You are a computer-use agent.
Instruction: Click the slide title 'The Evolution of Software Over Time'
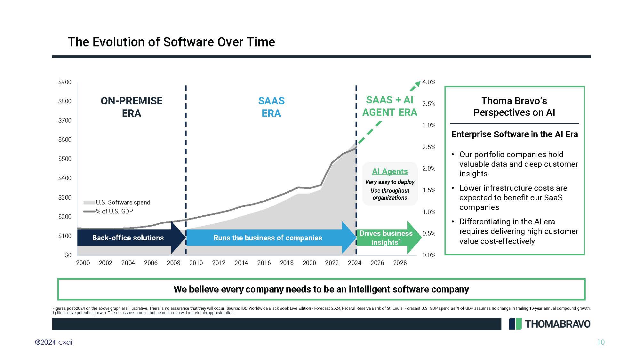click(172, 42)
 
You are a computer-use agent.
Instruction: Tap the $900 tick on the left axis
click(65, 82)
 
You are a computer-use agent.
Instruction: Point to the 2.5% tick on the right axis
click(429, 147)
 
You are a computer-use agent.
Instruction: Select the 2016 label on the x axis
click(264, 263)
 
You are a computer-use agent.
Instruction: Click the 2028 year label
click(400, 263)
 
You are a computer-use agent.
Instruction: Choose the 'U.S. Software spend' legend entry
click(117, 202)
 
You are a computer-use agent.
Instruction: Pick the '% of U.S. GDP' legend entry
click(108, 211)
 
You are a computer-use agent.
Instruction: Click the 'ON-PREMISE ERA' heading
click(132, 107)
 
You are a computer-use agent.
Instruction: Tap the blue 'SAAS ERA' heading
click(271, 107)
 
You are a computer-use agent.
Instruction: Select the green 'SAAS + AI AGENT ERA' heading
click(390, 106)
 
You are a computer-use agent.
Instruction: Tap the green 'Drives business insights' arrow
click(389, 238)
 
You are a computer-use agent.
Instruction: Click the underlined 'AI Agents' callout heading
click(390, 172)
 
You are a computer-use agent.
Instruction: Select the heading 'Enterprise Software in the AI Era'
click(515, 134)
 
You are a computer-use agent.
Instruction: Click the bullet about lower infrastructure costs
click(511, 197)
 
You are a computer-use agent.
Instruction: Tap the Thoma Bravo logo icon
click(515, 324)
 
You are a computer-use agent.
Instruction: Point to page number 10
click(601, 342)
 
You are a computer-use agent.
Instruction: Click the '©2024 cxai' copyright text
click(54, 342)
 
